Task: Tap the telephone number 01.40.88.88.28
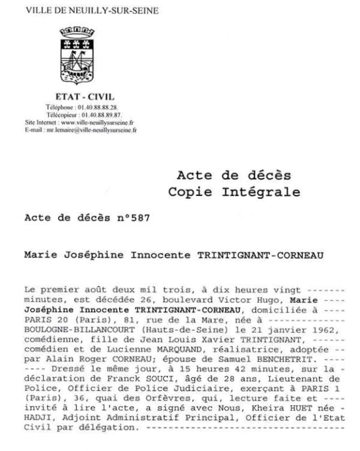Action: tap(97, 107)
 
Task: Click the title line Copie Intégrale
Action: tap(234, 192)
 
